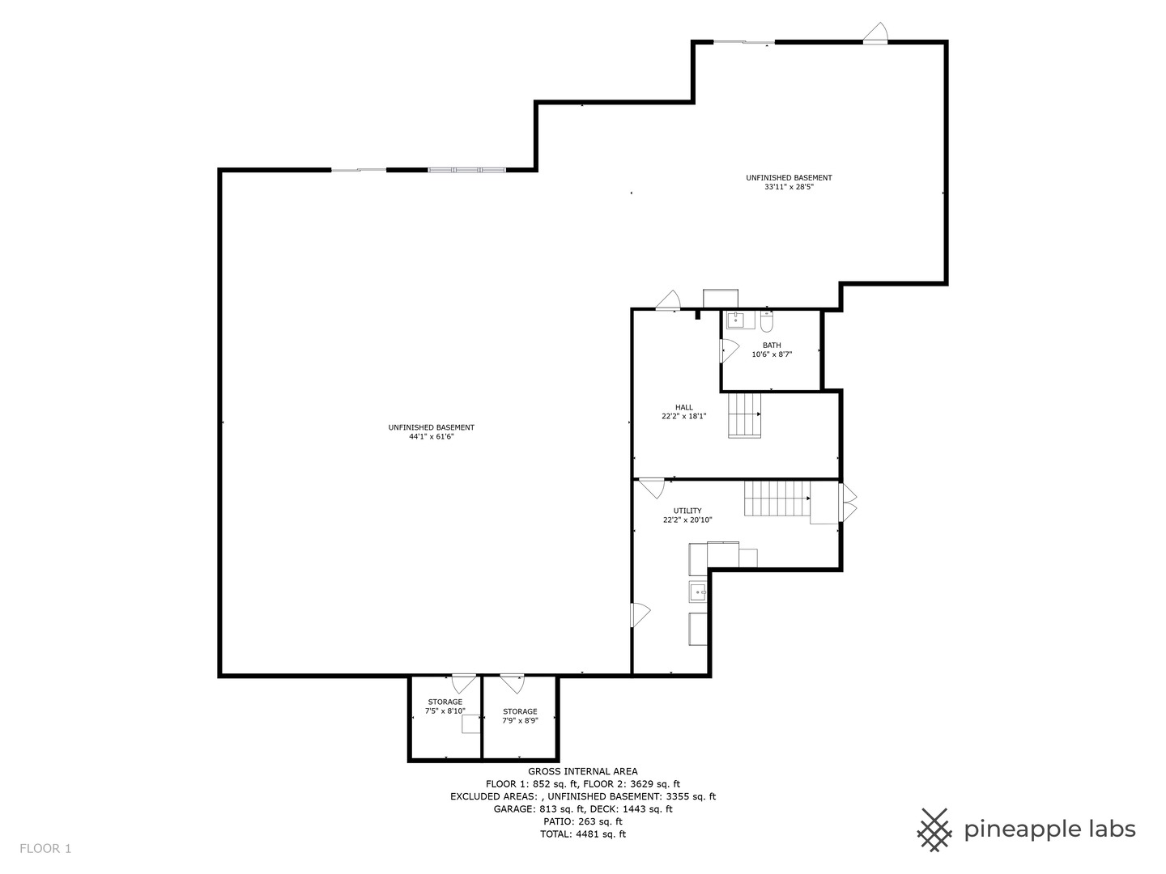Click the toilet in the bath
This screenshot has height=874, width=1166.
click(x=767, y=322)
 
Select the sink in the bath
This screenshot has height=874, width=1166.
click(x=735, y=320)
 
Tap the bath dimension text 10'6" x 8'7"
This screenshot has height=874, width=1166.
click(x=772, y=354)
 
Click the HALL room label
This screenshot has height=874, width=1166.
click(x=684, y=407)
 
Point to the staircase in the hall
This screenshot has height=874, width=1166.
click(x=744, y=415)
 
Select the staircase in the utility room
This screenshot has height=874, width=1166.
click(x=777, y=499)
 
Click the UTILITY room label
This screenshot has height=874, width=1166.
click(x=687, y=511)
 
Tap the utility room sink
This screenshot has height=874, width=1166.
click(x=697, y=592)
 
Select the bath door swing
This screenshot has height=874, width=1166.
click(x=729, y=350)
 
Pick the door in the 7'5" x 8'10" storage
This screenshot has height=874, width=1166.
click(x=464, y=683)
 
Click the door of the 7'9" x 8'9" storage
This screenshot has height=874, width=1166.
click(x=512, y=684)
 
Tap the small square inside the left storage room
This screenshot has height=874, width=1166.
click(x=471, y=725)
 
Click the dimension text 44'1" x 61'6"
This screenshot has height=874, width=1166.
click(x=432, y=437)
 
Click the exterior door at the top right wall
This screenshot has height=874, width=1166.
click(x=875, y=33)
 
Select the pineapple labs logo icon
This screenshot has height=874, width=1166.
click(x=935, y=829)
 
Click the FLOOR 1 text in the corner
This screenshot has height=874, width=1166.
click(x=46, y=849)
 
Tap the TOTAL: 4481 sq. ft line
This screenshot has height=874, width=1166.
click(x=583, y=834)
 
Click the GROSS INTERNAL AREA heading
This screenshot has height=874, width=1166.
click(x=583, y=771)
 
